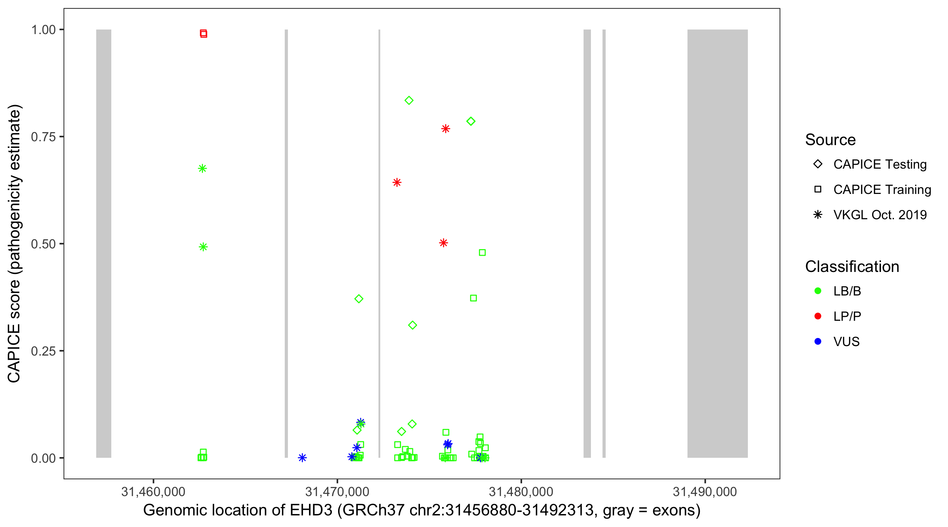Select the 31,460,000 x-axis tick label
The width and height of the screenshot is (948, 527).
[153, 492]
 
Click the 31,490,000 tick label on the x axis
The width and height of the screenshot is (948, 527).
[705, 492]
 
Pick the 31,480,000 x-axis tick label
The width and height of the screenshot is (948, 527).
[521, 492]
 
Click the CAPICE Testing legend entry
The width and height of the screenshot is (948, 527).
[880, 164]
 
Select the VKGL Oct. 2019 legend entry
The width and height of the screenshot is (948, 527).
[880, 215]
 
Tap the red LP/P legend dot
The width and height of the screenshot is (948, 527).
[818, 316]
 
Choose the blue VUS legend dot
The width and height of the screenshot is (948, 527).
[818, 341]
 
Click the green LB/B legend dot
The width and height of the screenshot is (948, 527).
[818, 291]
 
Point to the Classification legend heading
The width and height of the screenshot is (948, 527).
[852, 267]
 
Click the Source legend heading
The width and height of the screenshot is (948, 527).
[830, 140]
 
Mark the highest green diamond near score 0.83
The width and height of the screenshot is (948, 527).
[409, 100]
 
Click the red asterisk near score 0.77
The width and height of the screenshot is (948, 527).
[446, 129]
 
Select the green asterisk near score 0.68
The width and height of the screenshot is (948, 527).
[202, 169]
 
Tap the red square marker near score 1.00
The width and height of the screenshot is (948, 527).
[204, 33]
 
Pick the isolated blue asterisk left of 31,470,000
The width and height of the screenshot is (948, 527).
[302, 458]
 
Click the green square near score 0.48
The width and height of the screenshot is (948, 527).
[482, 253]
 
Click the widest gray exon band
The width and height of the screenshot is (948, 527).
[717, 243]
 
